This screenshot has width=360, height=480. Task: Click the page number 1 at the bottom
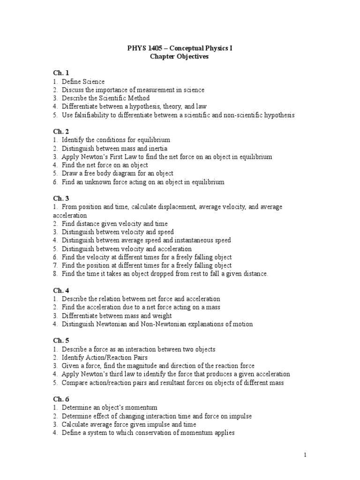pos(305,454)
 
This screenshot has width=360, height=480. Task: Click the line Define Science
pos(83,82)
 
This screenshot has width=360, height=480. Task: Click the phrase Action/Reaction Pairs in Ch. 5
pos(109,358)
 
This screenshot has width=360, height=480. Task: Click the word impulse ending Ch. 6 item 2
pos(239,416)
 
